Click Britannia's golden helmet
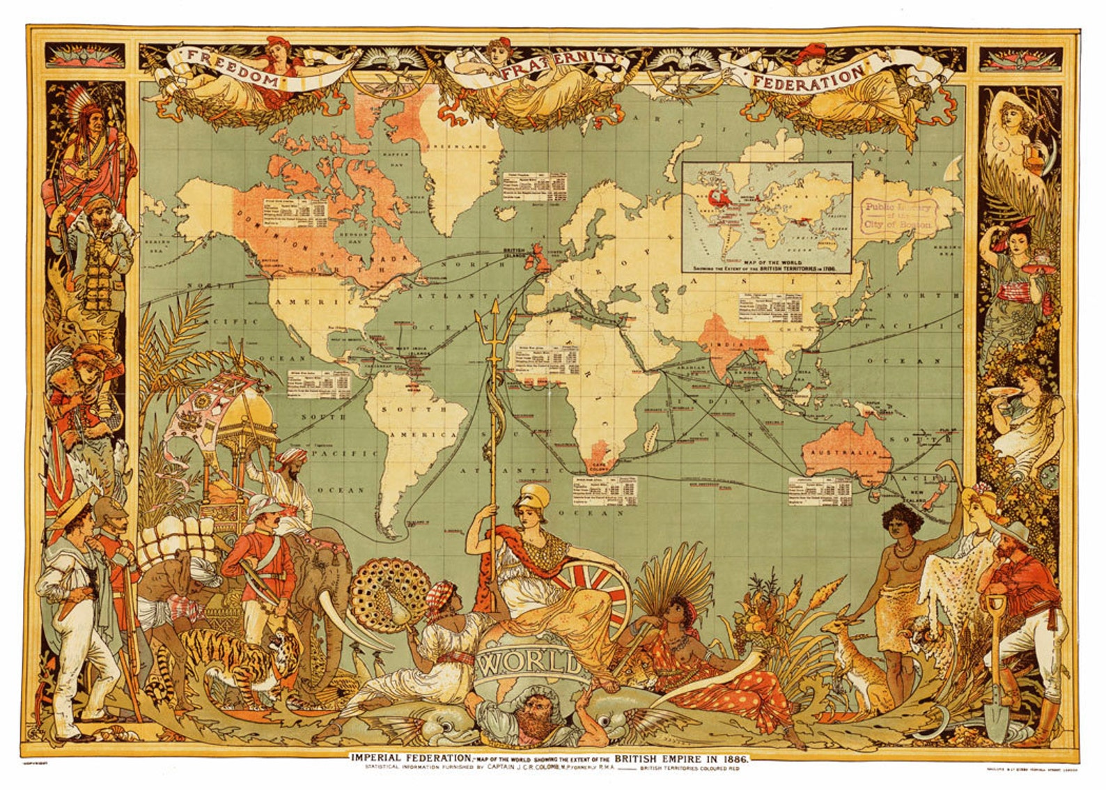[x=532, y=498]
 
